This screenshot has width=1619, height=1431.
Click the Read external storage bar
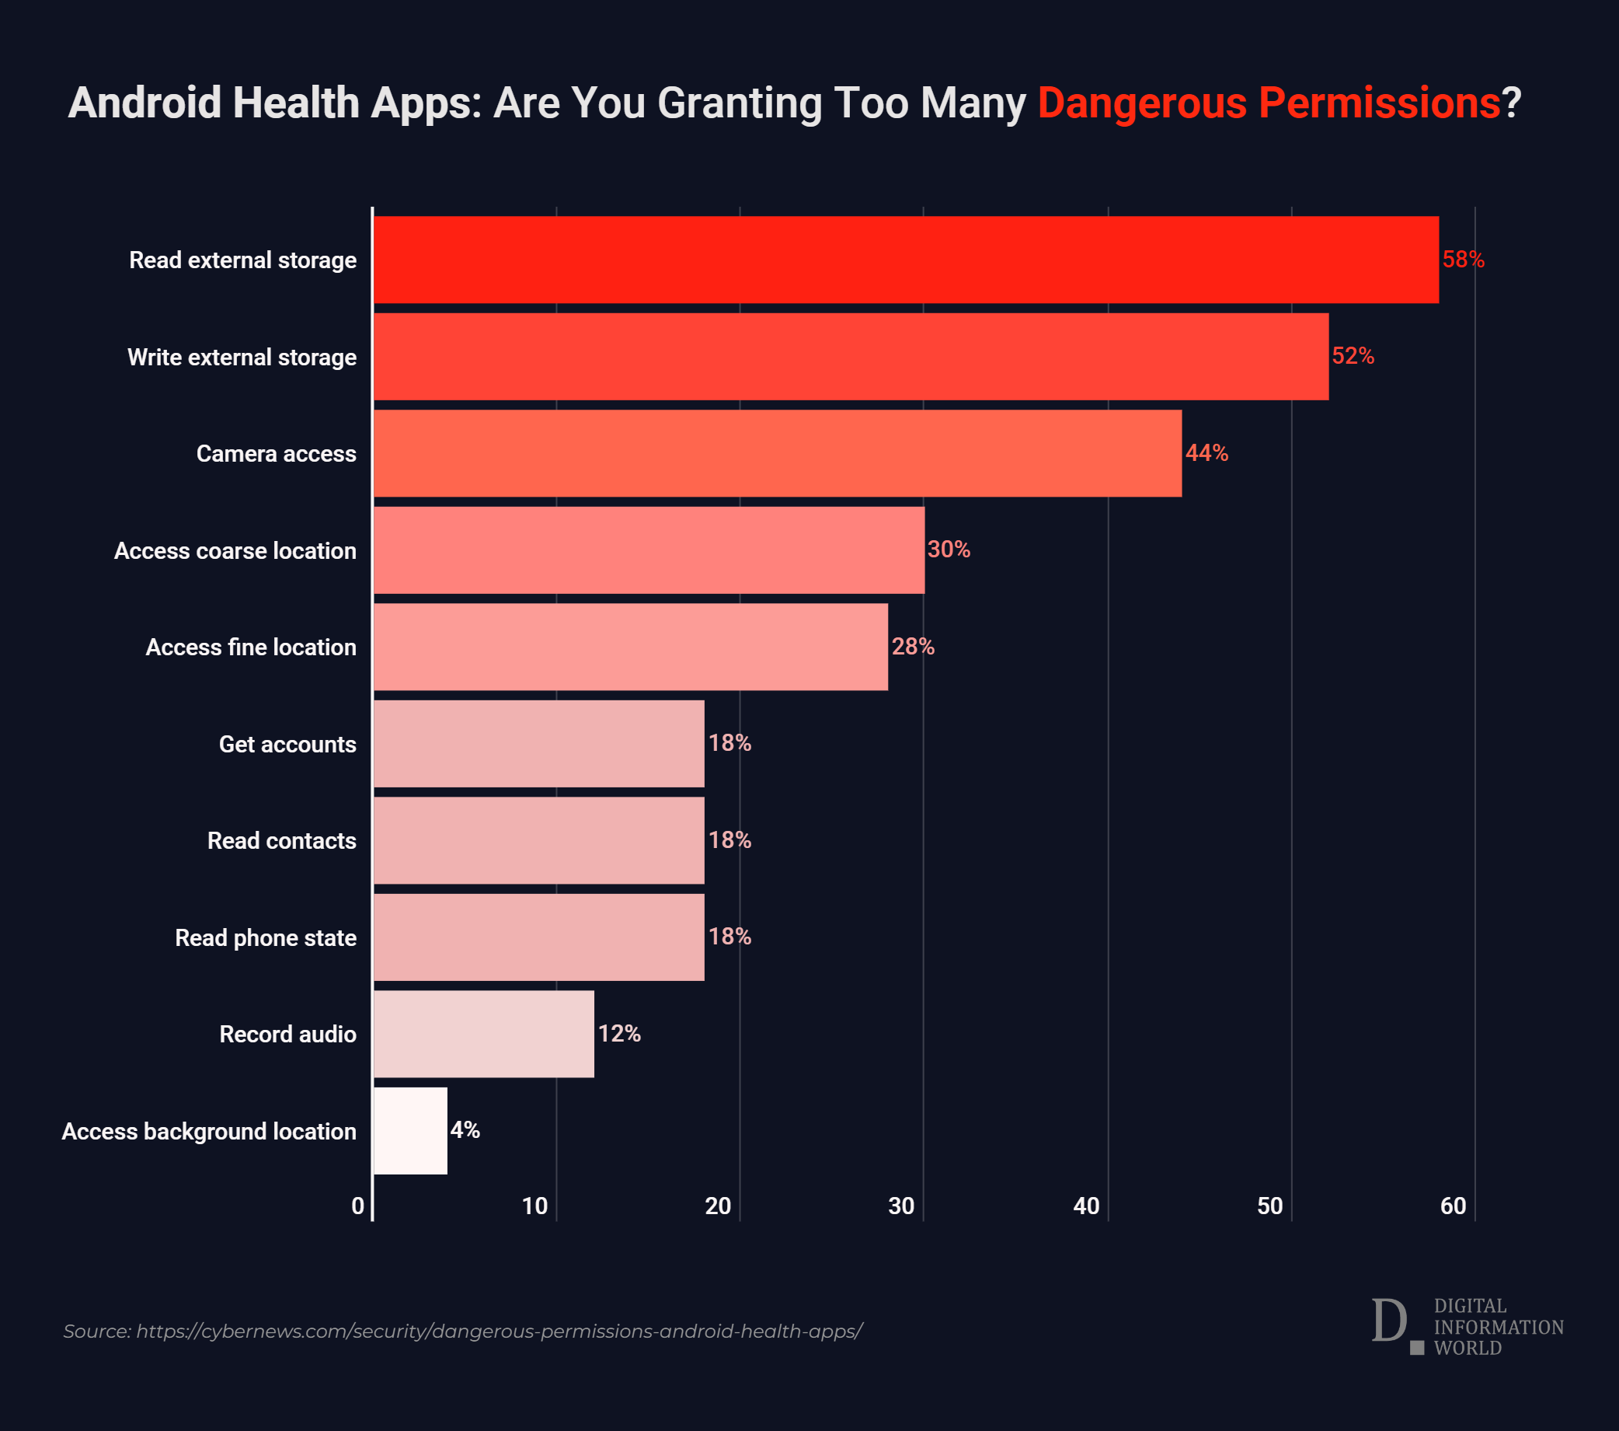[905, 260]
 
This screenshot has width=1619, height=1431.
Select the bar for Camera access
[777, 453]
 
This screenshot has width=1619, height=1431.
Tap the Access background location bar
[410, 1131]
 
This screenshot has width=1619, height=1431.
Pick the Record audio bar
[483, 1034]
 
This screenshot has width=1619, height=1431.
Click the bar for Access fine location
[631, 647]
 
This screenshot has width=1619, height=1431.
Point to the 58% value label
[1463, 260]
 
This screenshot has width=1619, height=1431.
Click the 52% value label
[1353, 357]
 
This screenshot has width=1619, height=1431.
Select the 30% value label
[949, 549]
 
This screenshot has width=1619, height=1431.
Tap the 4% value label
[465, 1130]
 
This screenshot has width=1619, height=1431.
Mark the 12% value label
[619, 1033]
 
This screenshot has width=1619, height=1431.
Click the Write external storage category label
[242, 358]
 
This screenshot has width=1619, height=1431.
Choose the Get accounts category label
[287, 744]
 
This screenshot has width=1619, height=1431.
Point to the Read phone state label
[266, 937]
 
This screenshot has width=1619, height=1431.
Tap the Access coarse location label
[235, 550]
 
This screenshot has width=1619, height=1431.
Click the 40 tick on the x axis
[1086, 1206]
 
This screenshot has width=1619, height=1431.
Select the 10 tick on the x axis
[534, 1206]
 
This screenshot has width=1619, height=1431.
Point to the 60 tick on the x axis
[1453, 1206]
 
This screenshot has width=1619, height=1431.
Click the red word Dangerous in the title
[1142, 103]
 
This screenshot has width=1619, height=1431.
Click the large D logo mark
[1390, 1321]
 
